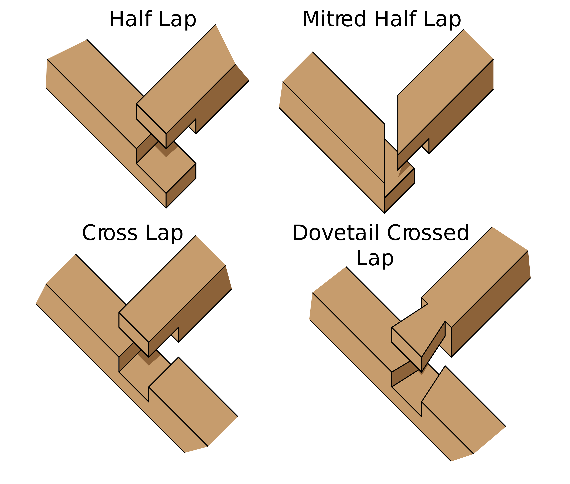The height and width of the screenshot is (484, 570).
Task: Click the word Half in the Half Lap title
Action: [x=130, y=19]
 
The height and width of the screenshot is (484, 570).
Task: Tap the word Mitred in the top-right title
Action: [x=334, y=19]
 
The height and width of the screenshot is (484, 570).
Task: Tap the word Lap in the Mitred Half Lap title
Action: [x=442, y=19]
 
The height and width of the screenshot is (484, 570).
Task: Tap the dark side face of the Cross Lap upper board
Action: [x=192, y=310]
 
